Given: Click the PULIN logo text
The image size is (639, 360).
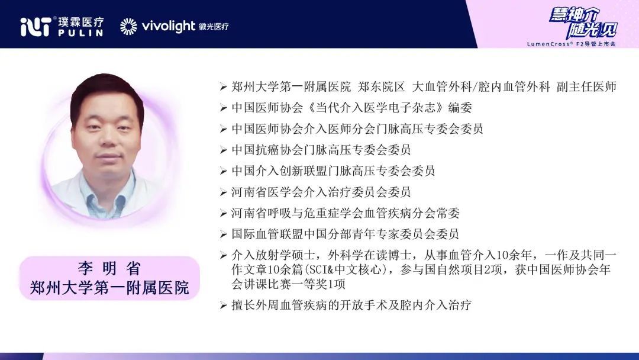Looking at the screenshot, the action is (80, 33).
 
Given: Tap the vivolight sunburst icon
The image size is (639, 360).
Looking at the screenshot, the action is (128, 27).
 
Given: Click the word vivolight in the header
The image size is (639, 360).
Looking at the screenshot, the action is (169, 27).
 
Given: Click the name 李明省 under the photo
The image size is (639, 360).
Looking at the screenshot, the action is (109, 269).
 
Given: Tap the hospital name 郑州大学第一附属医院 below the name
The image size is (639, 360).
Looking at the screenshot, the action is (109, 288).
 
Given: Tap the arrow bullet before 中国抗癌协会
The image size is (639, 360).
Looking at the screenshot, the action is (223, 150).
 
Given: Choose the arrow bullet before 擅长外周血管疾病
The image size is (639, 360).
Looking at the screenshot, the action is (223, 305).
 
